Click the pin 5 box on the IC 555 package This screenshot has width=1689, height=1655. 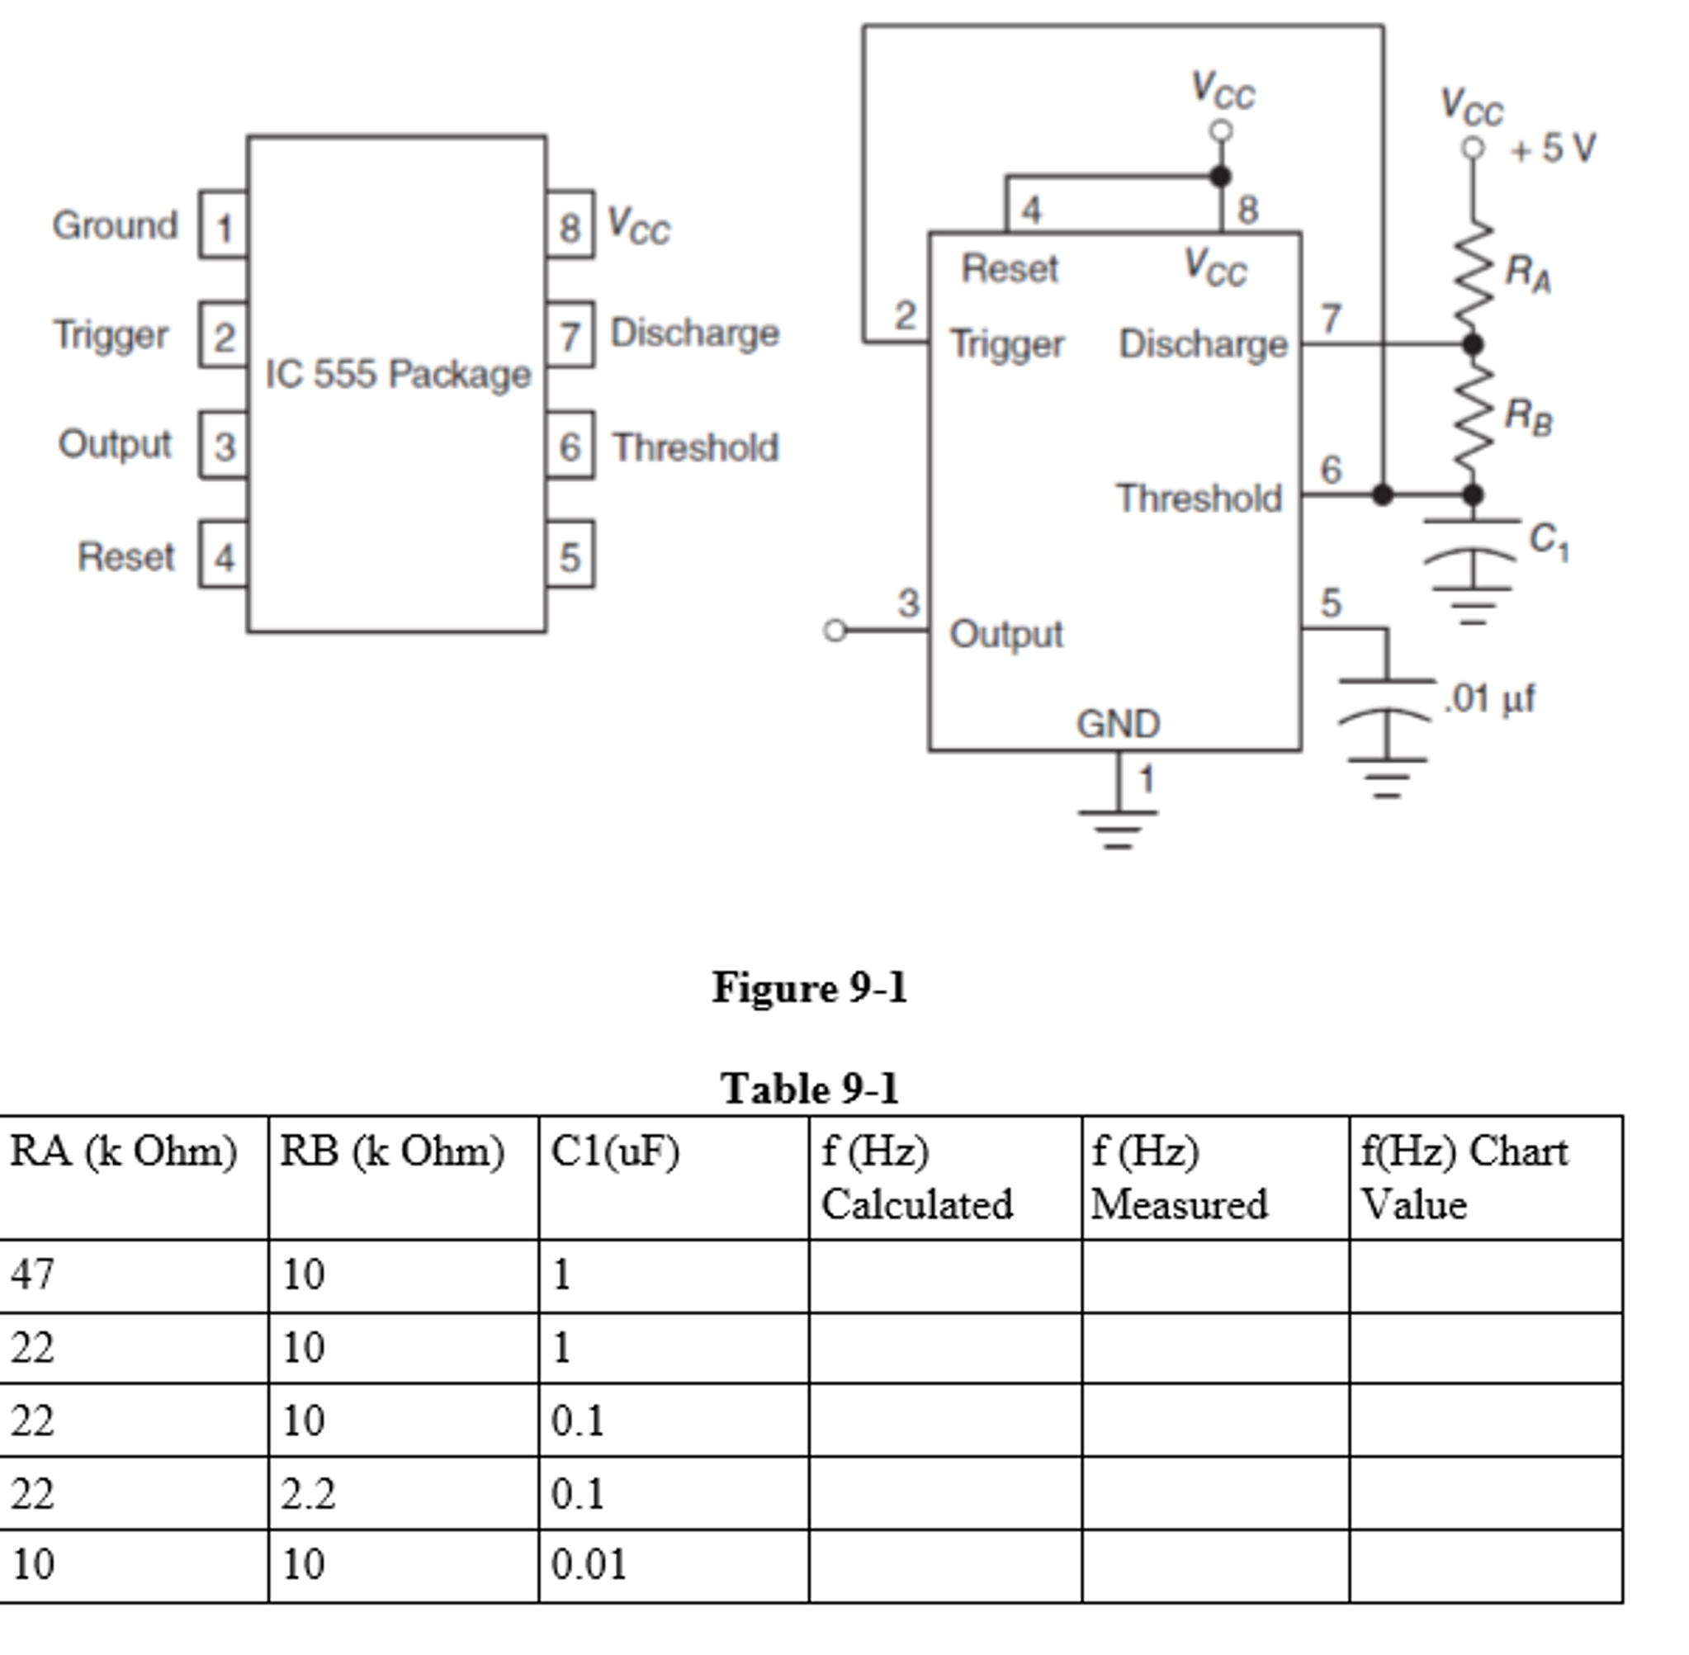click(x=570, y=556)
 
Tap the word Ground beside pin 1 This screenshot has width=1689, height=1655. click(x=115, y=225)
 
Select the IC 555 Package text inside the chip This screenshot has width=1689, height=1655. click(x=397, y=374)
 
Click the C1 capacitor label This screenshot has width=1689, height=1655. click(x=1548, y=541)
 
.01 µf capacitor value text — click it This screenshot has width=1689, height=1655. click(x=1489, y=699)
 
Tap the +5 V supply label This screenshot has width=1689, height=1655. click(x=1553, y=148)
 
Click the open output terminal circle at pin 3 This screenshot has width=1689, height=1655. click(x=835, y=630)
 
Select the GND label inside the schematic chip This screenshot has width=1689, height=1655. click(x=1118, y=724)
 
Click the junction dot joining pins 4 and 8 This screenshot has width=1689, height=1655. click(x=1220, y=177)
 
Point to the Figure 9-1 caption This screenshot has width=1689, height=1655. click(x=809, y=987)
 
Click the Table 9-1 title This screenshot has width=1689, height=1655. click(x=809, y=1088)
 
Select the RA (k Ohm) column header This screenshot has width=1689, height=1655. click(x=124, y=1151)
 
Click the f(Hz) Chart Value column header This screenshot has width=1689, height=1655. click(x=1464, y=1177)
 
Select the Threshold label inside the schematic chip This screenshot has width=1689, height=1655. click(x=1199, y=498)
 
